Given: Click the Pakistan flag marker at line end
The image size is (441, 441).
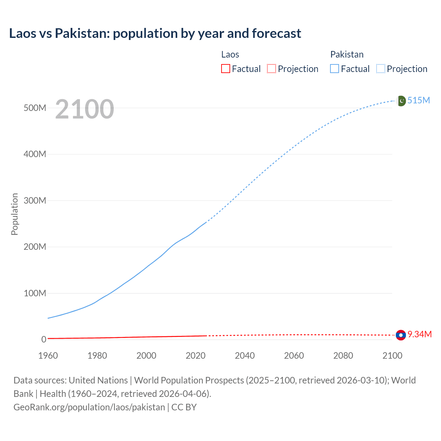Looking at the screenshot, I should pyautogui.click(x=401, y=101).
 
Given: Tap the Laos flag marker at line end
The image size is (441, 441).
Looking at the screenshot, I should pyautogui.click(x=401, y=335).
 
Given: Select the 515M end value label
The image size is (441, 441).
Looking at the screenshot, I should pyautogui.click(x=419, y=100).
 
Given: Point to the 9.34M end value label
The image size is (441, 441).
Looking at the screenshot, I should pyautogui.click(x=420, y=334).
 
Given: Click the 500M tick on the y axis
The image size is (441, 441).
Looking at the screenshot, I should pyautogui.click(x=35, y=108).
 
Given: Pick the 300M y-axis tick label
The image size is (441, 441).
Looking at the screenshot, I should pyautogui.click(x=35, y=201).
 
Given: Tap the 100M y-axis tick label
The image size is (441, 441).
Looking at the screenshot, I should pyautogui.click(x=35, y=293).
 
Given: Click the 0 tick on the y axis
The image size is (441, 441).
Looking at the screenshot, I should pyautogui.click(x=43, y=339).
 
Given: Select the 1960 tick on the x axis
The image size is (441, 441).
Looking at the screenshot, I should pyautogui.click(x=48, y=356).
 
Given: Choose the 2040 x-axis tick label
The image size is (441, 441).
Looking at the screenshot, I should pyautogui.click(x=245, y=356).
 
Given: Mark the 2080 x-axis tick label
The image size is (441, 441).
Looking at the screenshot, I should pyautogui.click(x=343, y=356).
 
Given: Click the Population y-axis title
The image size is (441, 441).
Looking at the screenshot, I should pyautogui.click(x=14, y=214).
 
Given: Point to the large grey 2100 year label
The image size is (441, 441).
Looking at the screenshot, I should pyautogui.click(x=84, y=109).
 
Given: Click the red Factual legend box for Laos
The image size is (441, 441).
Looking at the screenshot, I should pyautogui.click(x=226, y=69).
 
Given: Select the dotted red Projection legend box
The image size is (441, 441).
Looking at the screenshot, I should pyautogui.click(x=271, y=69).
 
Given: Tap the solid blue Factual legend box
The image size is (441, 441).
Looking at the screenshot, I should pyautogui.click(x=335, y=69).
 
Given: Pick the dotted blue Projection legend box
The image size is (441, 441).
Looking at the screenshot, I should pyautogui.click(x=381, y=69).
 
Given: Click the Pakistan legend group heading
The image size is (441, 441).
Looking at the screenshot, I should pyautogui.click(x=347, y=54).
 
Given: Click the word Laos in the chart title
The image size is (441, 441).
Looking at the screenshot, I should pyautogui.click(x=22, y=33).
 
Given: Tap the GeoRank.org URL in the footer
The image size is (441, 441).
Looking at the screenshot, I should pyautogui.click(x=89, y=407).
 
